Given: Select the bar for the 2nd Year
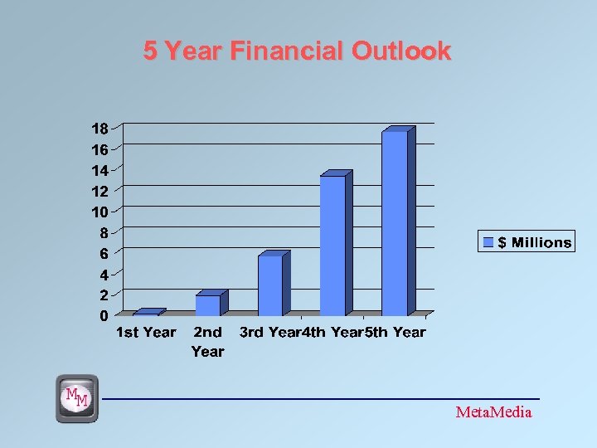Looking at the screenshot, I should coord(208,304).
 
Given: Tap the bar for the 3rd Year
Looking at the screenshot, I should coord(270,285).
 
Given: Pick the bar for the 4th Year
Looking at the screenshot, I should coord(332,245).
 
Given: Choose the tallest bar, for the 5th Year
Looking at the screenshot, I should coord(395,222).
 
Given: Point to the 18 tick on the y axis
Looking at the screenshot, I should coord(99,129).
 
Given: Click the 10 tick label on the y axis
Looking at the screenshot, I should coord(99,212).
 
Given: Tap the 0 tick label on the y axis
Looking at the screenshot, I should coord(104,315).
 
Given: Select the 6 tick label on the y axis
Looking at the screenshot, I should coord(104,253).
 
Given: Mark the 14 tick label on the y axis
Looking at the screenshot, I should coord(99,170).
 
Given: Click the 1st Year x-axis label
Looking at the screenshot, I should coord(146,333).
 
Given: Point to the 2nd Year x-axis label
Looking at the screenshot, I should coord(207,341).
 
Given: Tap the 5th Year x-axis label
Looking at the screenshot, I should coord(396,333).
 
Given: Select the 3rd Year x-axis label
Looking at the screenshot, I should coord(269,333).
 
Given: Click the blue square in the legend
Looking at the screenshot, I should coord(488,242).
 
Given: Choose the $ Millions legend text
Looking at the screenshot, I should coord(535,243).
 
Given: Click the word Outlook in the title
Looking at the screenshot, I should coord(401,51).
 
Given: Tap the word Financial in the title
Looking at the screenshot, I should coord(287,51).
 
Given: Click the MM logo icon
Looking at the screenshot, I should coord(77,398).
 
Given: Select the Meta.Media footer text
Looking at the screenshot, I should coord(494,412).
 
